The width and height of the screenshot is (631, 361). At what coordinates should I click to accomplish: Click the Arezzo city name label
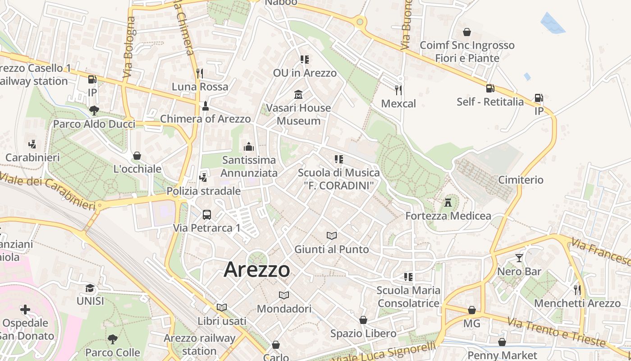click(257, 269)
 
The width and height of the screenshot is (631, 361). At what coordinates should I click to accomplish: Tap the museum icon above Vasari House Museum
click(298, 94)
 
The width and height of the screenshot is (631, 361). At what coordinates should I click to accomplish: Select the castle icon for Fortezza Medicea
click(448, 202)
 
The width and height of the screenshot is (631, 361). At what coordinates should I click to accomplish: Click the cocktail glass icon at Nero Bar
click(519, 258)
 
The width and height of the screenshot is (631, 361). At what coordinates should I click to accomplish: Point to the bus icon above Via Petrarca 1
click(207, 215)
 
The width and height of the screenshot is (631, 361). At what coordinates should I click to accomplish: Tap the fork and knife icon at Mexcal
click(398, 90)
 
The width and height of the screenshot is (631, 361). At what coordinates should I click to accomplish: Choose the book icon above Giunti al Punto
click(332, 236)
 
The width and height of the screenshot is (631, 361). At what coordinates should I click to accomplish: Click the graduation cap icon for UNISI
click(90, 288)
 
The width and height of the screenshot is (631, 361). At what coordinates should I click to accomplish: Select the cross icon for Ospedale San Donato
click(25, 310)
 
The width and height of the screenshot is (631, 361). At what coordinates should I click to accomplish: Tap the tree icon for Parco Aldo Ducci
click(94, 110)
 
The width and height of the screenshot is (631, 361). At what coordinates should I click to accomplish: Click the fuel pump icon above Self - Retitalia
click(490, 88)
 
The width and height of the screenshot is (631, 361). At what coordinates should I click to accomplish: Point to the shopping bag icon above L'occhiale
click(137, 156)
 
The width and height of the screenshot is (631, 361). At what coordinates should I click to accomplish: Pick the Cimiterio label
click(521, 180)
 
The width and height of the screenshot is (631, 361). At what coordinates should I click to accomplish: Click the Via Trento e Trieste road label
click(556, 332)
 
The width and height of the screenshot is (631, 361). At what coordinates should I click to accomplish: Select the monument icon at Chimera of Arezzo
click(206, 106)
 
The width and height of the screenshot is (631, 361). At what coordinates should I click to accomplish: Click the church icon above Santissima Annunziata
click(248, 147)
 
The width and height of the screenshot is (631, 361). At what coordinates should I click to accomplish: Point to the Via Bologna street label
click(128, 50)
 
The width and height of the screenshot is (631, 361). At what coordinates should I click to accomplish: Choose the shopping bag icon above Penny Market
click(502, 342)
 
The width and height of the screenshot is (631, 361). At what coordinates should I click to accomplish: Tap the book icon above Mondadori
click(283, 295)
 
